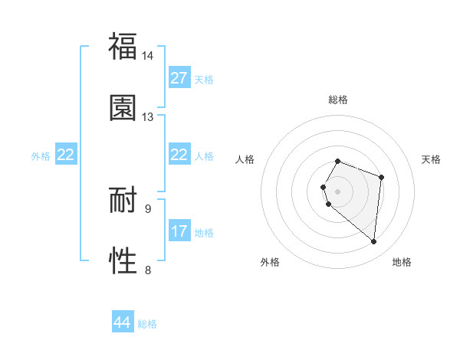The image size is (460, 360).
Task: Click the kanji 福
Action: (x=123, y=47)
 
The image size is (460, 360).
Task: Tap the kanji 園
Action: (x=123, y=107)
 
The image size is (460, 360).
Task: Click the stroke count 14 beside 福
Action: (x=148, y=56)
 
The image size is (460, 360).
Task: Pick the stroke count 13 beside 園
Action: (x=148, y=116)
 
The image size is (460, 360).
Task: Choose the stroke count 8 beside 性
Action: (x=148, y=269)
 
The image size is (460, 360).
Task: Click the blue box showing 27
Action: (x=179, y=78)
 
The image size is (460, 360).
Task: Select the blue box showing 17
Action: (x=179, y=231)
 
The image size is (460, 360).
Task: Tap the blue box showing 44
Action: (x=123, y=322)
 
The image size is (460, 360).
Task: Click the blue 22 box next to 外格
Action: (x=66, y=155)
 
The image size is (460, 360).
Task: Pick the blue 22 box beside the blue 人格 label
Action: (x=179, y=155)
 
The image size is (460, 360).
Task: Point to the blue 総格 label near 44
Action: (x=147, y=324)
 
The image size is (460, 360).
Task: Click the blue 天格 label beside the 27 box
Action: (x=204, y=80)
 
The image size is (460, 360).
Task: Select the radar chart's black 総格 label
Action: (x=337, y=100)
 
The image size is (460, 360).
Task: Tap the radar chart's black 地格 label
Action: (x=402, y=262)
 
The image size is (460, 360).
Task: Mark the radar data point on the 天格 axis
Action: (x=381, y=178)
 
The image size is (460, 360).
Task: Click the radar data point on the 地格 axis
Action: (x=373, y=242)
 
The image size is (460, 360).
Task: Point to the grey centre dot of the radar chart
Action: (x=337, y=191)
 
